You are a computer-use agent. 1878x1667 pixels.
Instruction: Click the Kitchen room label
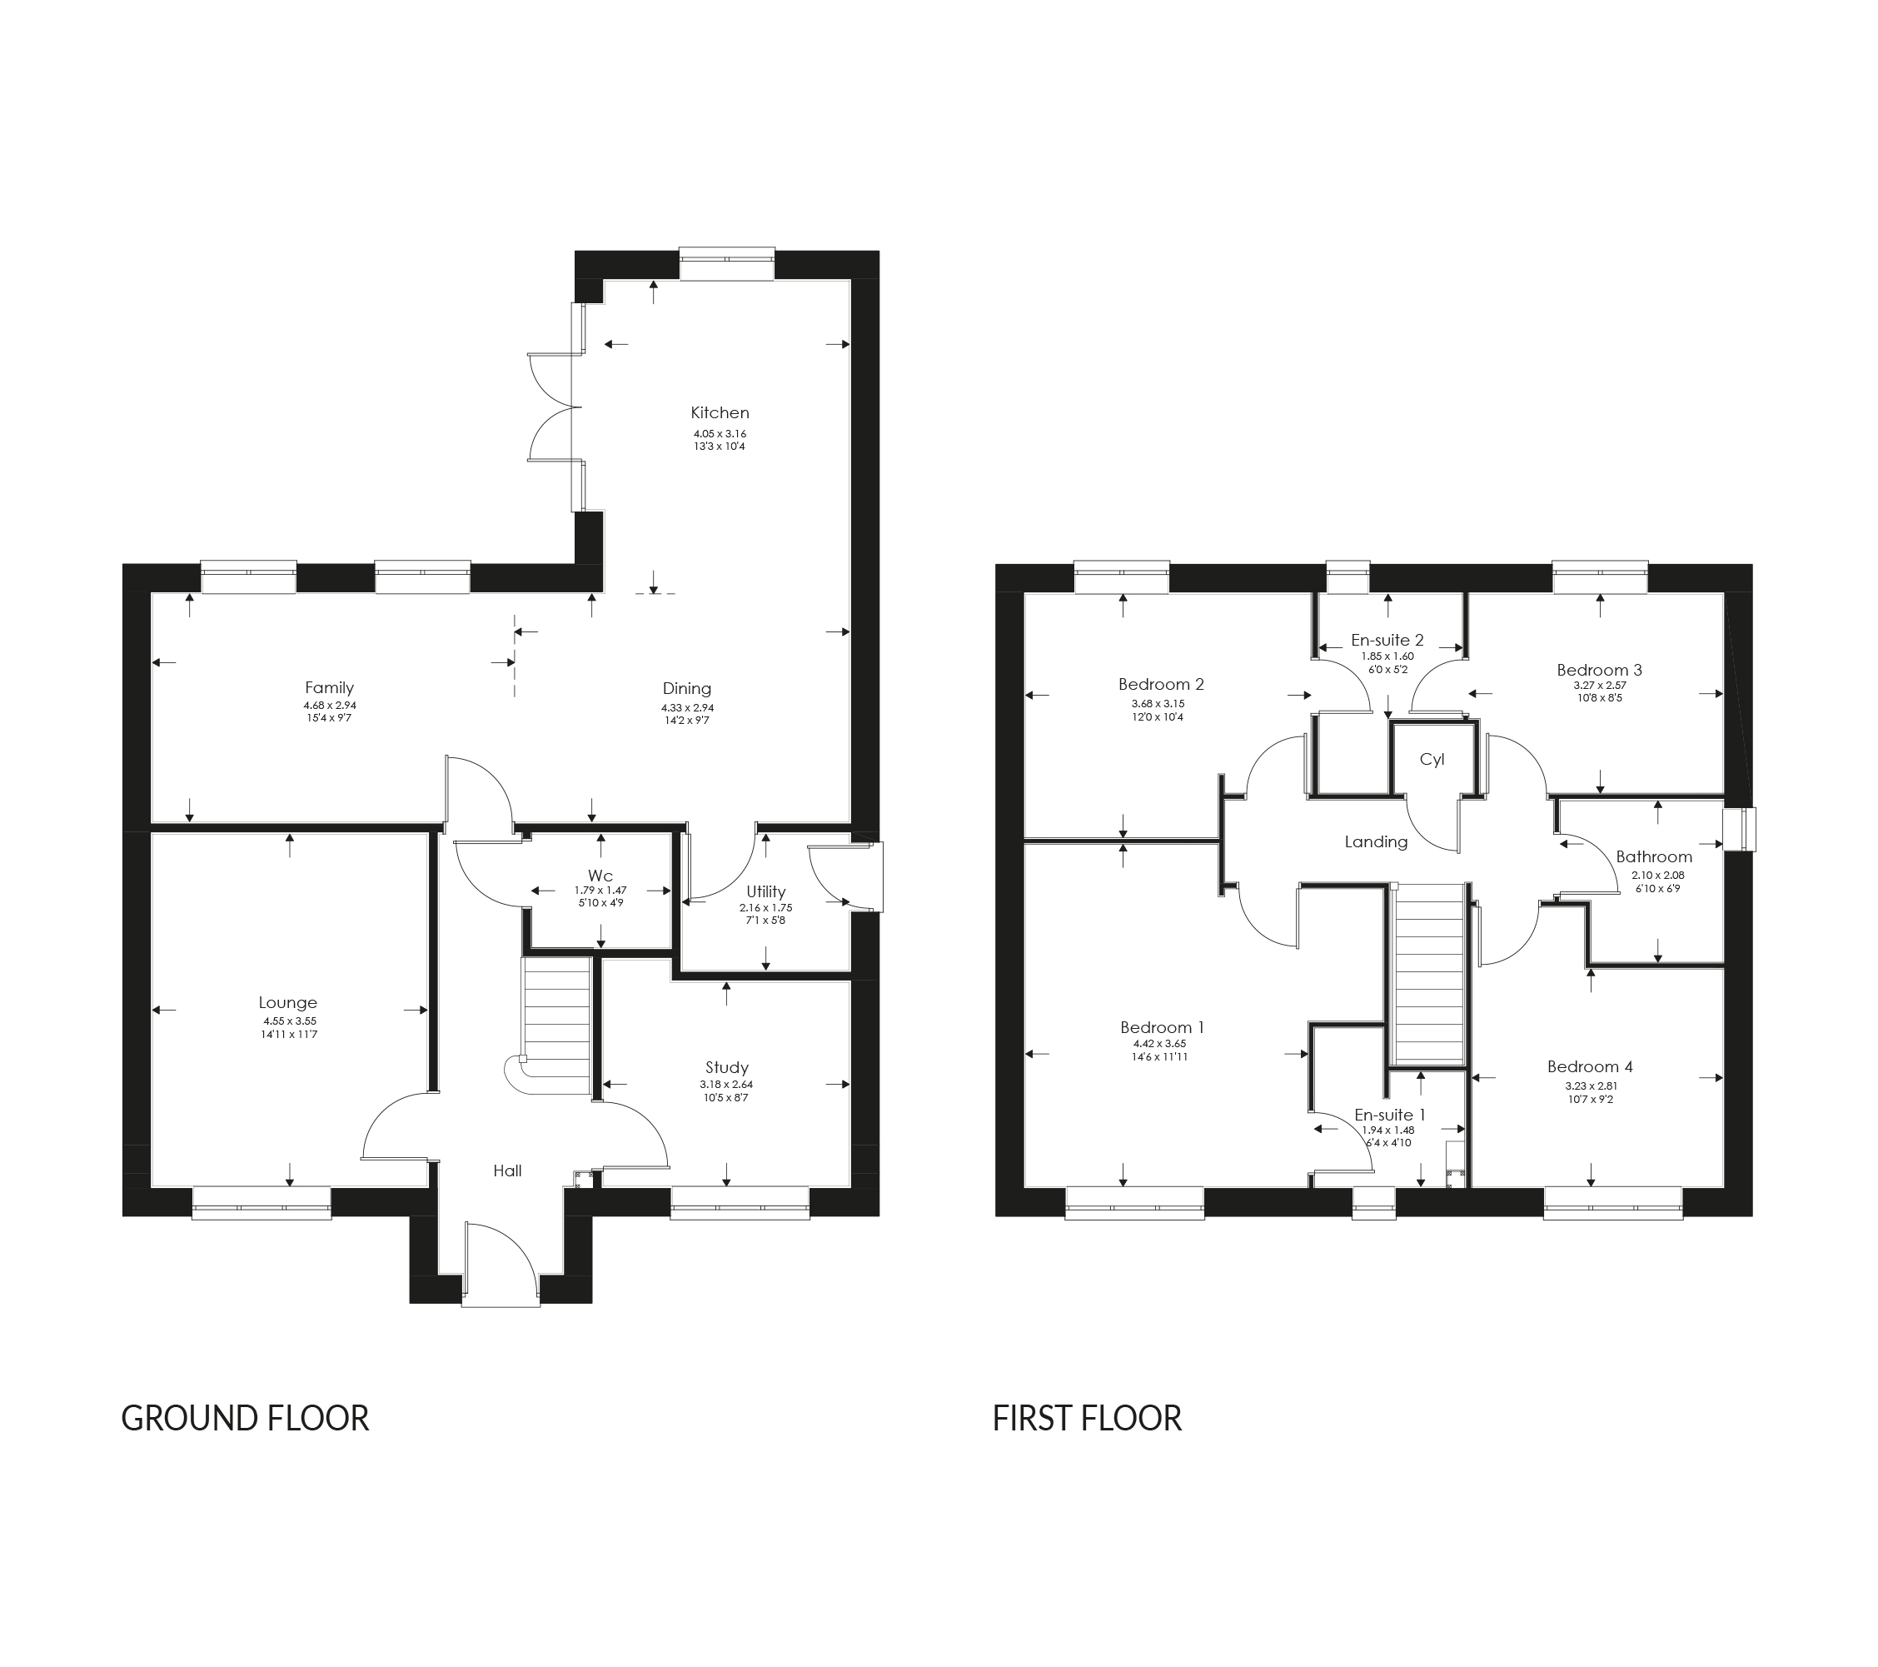pyautogui.click(x=720, y=412)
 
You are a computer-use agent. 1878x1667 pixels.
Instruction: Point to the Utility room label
pyautogui.click(x=765, y=891)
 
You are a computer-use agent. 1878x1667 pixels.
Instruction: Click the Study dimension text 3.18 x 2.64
pyautogui.click(x=726, y=1085)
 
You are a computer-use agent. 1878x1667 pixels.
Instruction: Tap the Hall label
pyautogui.click(x=507, y=1170)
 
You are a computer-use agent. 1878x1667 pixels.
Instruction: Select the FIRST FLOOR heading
pyautogui.click(x=1086, y=1418)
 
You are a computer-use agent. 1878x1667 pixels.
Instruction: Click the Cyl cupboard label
pyautogui.click(x=1432, y=759)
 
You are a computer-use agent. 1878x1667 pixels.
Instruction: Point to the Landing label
pyautogui.click(x=1376, y=841)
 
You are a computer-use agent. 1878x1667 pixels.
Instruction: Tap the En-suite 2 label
pyautogui.click(x=1387, y=640)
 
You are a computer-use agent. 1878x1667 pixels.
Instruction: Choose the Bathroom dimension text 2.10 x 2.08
pyautogui.click(x=1657, y=876)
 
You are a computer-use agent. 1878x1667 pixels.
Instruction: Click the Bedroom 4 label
pyautogui.click(x=1590, y=1067)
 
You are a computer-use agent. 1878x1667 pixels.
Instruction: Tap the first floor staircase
pyautogui.click(x=1429, y=974)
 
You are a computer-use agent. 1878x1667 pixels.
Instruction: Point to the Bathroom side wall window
pyautogui.click(x=1739, y=829)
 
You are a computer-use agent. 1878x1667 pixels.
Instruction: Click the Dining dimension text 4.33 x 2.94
pyautogui.click(x=686, y=707)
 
